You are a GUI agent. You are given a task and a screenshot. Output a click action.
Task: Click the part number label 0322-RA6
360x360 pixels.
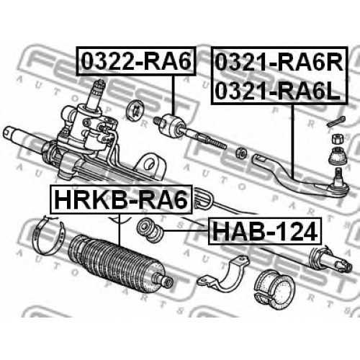tap(137, 61)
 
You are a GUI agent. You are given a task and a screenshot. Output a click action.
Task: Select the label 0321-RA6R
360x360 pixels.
tap(279, 63)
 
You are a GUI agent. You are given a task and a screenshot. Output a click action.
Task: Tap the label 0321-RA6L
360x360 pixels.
tap(277, 91)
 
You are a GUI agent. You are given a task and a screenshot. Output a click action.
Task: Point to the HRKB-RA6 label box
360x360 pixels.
tap(121, 199)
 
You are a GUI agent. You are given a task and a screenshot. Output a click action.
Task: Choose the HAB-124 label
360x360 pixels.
tap(264, 231)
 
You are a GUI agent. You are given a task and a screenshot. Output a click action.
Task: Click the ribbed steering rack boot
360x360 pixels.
tap(120, 263)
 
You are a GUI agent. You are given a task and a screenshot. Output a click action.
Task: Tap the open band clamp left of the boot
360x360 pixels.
tap(48, 235)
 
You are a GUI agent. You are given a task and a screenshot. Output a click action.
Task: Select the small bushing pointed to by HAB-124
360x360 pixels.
tap(150, 230)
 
